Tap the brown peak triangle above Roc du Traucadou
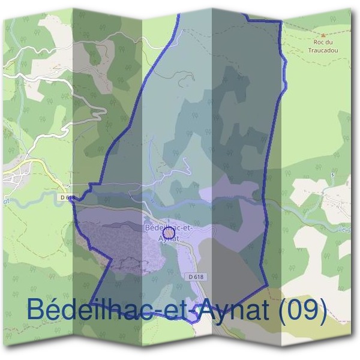point(323,35)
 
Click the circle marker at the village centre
point(169,232)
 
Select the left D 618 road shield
point(68,197)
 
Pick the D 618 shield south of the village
point(196,275)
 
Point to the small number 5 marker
point(331,175)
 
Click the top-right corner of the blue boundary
point(280,22)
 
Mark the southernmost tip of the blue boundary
point(193,322)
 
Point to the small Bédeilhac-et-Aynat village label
point(169,232)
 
